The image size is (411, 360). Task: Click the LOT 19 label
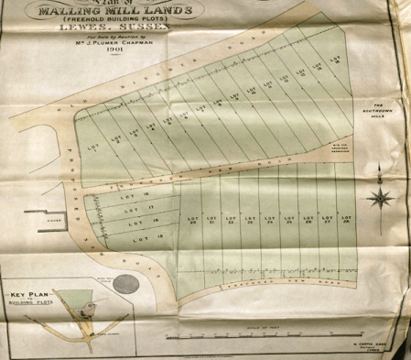pyautogui.click(x=143, y=238)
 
